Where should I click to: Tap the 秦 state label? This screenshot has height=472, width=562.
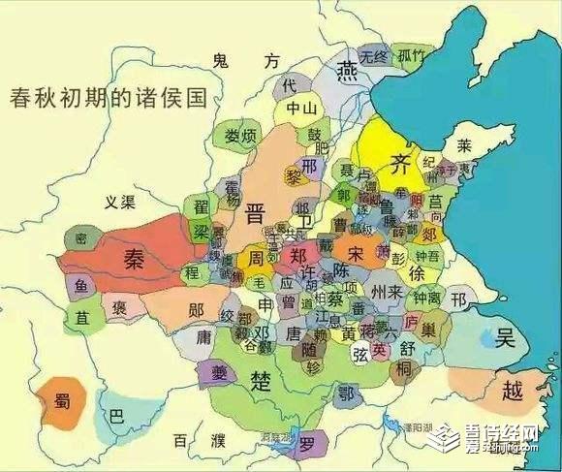coord(134,257)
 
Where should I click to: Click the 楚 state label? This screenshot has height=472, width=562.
coord(261,378)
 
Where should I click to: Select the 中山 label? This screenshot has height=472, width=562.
coord(303,110)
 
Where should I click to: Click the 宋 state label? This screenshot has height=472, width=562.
coord(355,254)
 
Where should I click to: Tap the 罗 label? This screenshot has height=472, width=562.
coord(307,447)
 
